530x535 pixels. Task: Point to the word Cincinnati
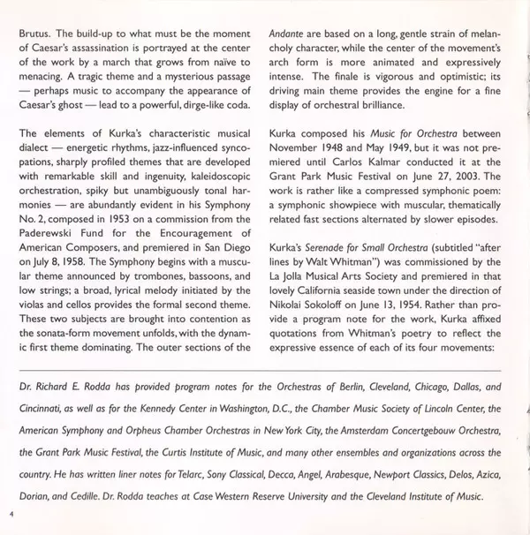pos(44,433)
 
